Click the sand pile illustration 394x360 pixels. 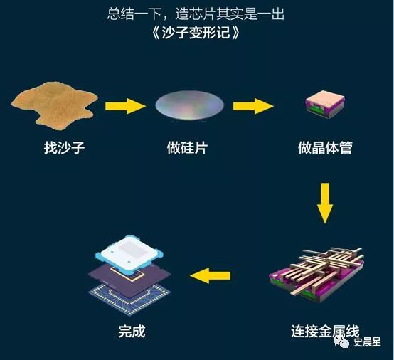[54, 105]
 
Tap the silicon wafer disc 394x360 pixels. [189, 105]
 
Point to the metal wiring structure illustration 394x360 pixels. [316, 275]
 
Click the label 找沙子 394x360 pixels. [64, 147]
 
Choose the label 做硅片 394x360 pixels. [187, 147]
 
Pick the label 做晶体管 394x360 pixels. [325, 147]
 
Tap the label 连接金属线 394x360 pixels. [325, 332]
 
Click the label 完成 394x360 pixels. [132, 332]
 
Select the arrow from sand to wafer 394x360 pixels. [125, 106]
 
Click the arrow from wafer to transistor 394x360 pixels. [253, 106]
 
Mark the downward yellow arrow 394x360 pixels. [325, 203]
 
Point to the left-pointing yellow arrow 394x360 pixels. [210, 275]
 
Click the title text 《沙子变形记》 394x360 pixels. [196, 33]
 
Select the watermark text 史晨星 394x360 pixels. [368, 342]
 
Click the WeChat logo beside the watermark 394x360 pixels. [342, 342]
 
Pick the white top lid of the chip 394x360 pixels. [129, 254]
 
